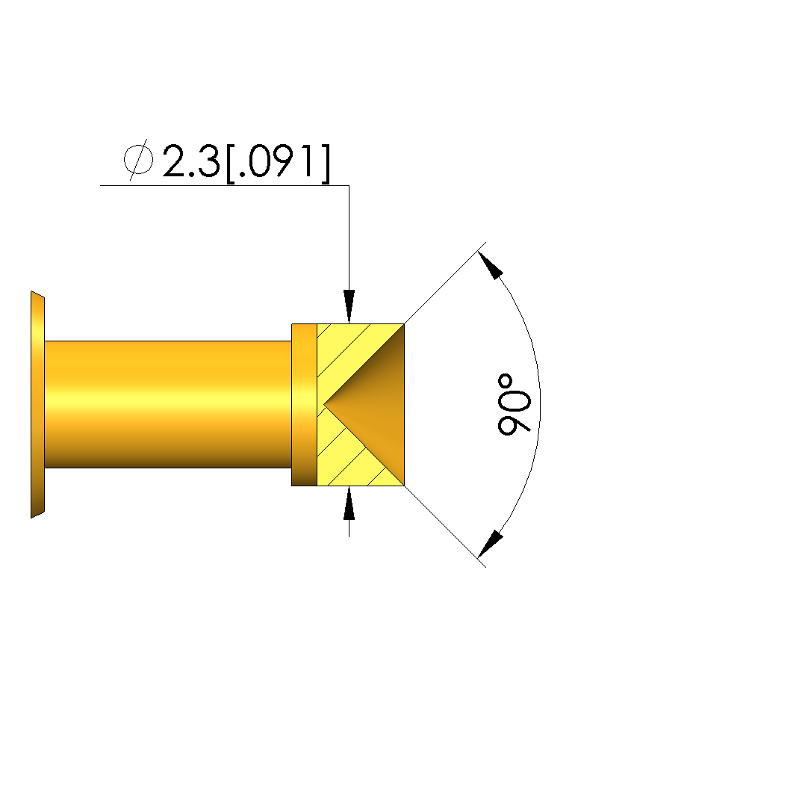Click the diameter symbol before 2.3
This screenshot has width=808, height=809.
click(x=138, y=159)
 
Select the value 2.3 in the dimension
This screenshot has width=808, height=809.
click(x=191, y=161)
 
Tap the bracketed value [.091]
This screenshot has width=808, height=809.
click(x=278, y=163)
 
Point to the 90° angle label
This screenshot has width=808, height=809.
click(x=514, y=405)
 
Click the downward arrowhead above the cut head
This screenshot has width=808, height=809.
click(x=349, y=306)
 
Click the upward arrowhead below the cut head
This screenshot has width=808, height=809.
click(x=349, y=503)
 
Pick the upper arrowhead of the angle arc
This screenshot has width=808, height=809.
click(x=490, y=264)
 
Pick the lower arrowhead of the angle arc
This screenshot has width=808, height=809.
click(x=490, y=545)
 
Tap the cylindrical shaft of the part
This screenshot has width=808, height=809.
click(x=168, y=405)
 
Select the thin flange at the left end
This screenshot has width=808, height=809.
click(x=37, y=405)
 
